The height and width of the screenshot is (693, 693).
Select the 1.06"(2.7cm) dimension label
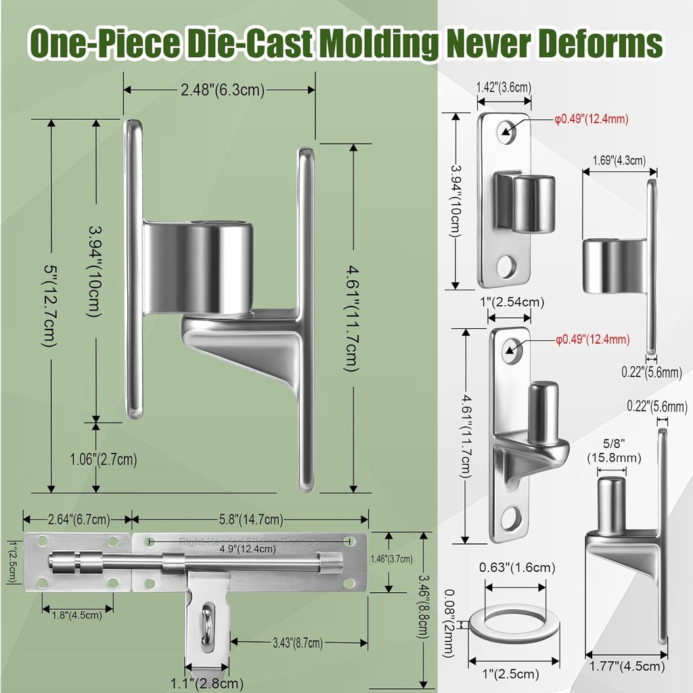(x=103, y=460)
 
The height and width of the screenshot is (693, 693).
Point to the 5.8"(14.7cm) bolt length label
(x=250, y=520)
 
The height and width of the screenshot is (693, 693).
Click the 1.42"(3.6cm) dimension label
(x=504, y=86)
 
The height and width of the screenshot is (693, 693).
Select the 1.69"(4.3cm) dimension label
(x=614, y=160)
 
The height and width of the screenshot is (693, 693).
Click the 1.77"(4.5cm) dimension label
(x=626, y=667)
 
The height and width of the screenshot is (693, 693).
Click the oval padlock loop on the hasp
(x=206, y=626)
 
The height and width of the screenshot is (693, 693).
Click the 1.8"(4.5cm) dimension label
(x=77, y=614)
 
